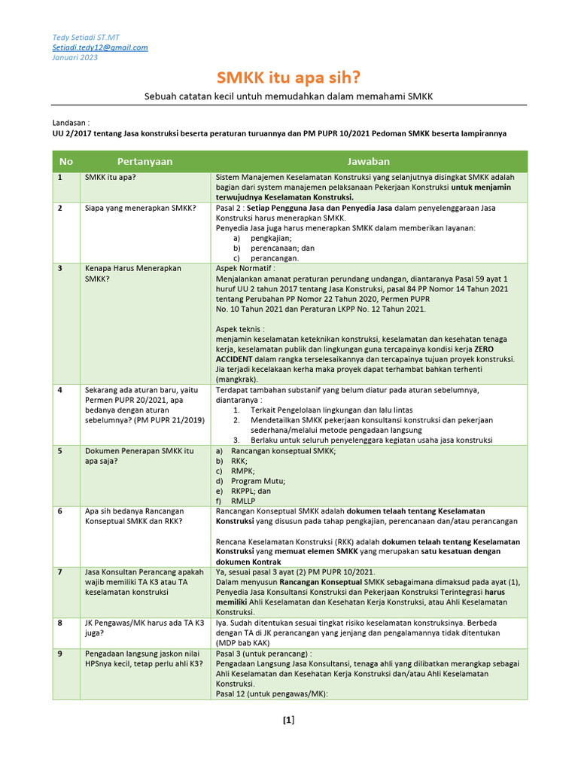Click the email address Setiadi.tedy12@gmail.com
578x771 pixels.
click(x=99, y=47)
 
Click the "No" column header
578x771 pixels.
click(x=66, y=161)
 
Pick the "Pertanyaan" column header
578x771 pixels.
click(x=144, y=161)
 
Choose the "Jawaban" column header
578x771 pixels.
click(x=368, y=161)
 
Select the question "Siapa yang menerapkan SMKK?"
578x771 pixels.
click(x=139, y=208)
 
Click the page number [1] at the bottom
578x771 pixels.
click(x=288, y=721)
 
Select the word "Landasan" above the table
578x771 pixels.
click(x=70, y=122)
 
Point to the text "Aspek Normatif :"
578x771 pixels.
click(x=245, y=268)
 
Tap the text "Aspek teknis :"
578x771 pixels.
click(x=240, y=329)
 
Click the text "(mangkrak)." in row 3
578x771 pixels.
click(x=236, y=379)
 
